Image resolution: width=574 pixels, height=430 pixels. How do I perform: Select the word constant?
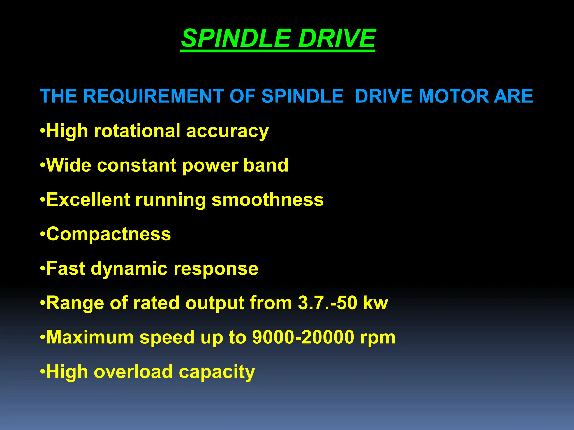pos(136,165)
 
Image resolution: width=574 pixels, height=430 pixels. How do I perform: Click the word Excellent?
pos(88,200)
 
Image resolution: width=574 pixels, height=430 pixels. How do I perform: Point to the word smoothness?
pos(267,200)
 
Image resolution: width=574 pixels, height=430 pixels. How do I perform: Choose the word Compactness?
pos(108,234)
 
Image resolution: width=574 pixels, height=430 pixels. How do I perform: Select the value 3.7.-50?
pos(327,303)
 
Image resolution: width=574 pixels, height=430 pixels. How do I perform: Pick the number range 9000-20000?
pos(303,337)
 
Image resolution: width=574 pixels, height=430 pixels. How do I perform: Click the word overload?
pos(133,372)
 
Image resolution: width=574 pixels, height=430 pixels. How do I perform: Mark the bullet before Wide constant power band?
pos(42,165)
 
